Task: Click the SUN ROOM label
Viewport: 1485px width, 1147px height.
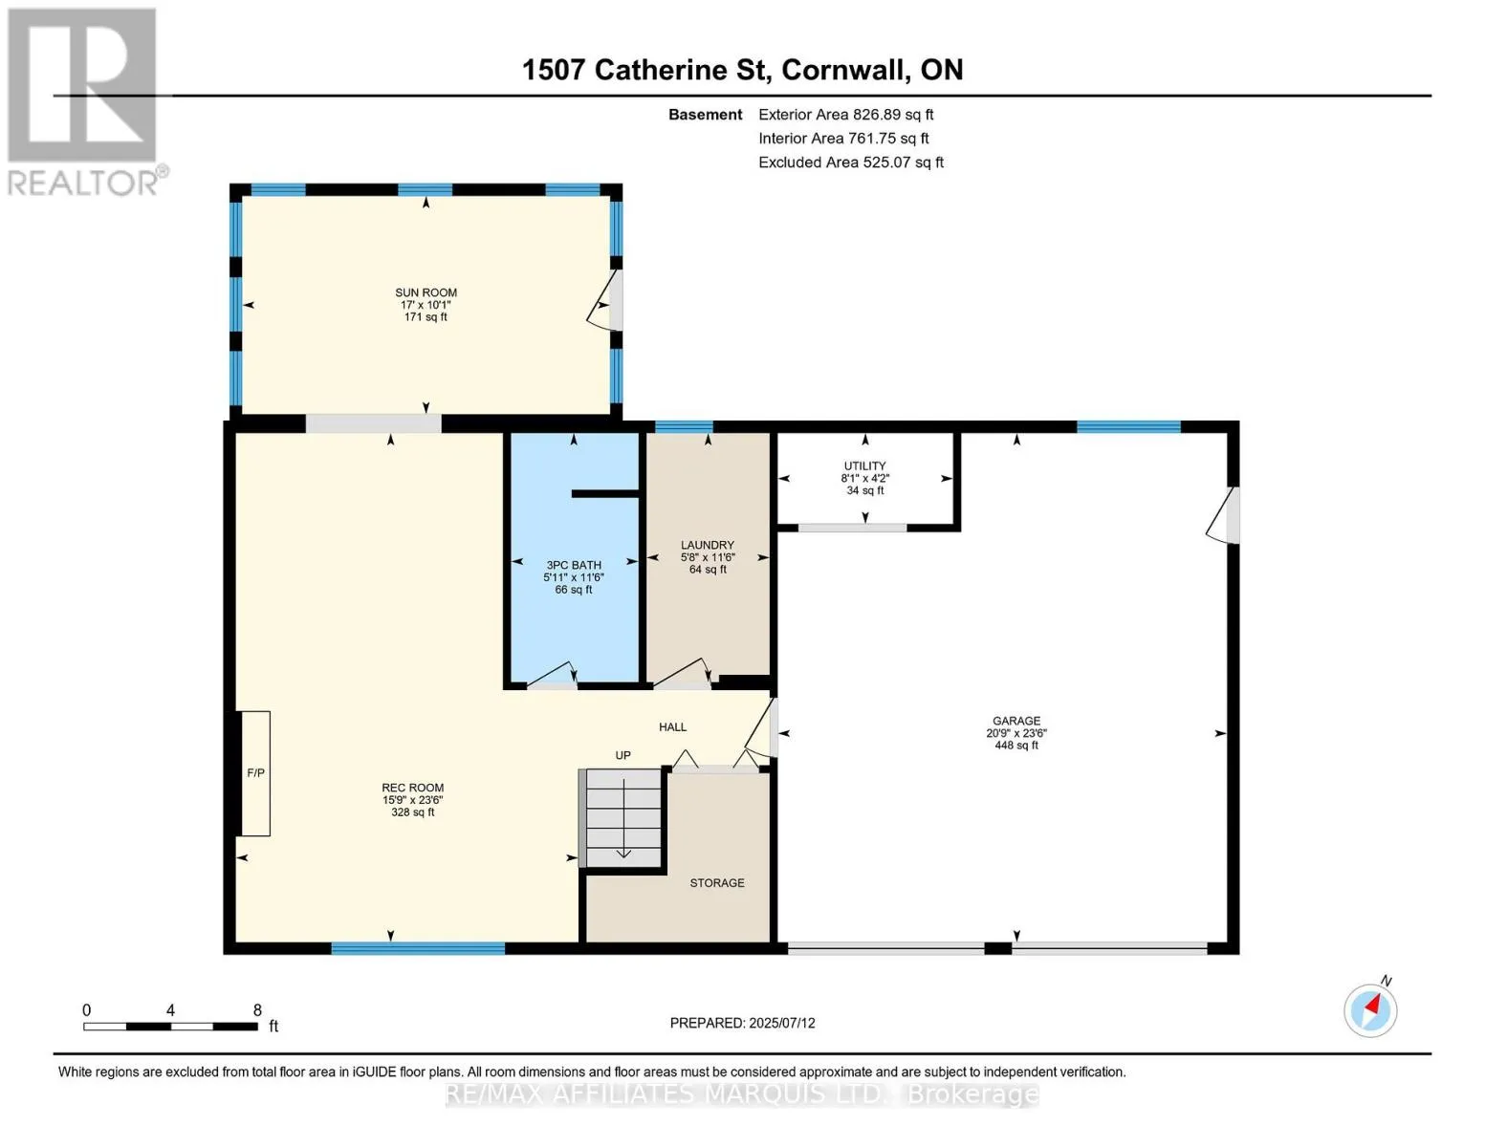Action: point(426,292)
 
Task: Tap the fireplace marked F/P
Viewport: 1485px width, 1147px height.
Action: point(255,773)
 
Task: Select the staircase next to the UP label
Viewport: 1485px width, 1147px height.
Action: point(622,818)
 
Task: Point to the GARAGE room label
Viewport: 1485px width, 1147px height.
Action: point(1016,721)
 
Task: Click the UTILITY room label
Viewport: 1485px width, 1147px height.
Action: point(864,465)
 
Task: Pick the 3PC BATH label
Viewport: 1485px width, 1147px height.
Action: point(574,565)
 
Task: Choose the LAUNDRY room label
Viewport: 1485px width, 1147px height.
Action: point(708,545)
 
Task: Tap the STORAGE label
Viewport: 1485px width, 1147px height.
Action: point(717,883)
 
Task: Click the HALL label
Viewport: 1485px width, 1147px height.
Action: point(672,727)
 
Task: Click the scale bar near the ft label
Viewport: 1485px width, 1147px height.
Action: point(171,1027)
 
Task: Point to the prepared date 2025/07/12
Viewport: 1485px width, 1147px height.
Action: point(782,1024)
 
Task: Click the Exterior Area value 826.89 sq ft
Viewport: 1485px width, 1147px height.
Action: point(893,115)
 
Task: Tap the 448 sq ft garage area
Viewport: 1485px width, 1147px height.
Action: point(1016,746)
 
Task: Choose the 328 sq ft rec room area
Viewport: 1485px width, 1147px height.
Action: point(412,812)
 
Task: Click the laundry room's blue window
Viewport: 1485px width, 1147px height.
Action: point(684,427)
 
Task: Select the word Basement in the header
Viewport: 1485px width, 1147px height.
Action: point(705,115)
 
